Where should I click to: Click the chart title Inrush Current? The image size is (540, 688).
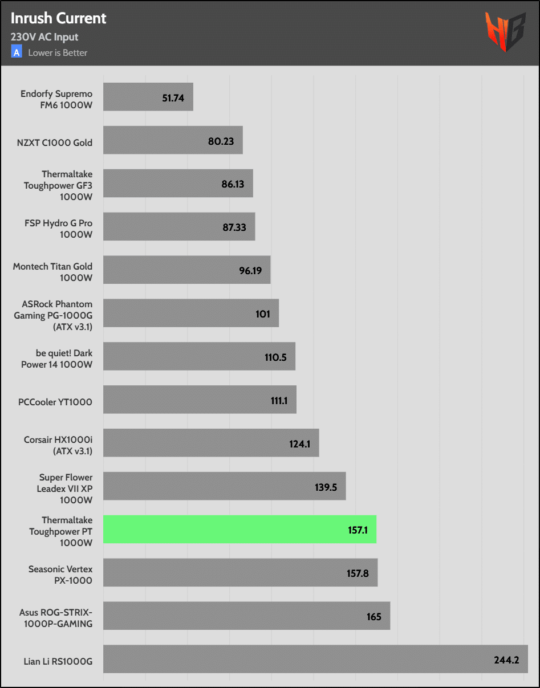pos(58,18)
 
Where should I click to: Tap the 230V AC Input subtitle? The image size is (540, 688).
pos(44,37)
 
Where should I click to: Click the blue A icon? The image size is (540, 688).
pos(17,52)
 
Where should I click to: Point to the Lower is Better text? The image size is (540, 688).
pos(58,53)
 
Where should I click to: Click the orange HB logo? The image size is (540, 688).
pos(505,32)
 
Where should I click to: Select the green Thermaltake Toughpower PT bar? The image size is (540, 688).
pos(239,529)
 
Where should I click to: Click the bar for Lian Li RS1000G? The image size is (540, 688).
pos(315,659)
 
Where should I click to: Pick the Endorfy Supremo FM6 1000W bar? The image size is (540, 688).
pos(148,97)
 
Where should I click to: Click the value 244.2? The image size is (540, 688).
pos(506,661)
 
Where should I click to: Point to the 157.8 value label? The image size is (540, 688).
pos(358,573)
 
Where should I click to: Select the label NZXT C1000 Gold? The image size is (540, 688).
pos(55,143)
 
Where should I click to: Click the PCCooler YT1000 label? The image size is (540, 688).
pos(55,402)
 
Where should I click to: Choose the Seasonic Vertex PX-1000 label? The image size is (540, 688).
pos(60,575)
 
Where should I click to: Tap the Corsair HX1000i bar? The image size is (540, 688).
pos(211,443)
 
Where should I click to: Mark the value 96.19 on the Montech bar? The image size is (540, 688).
pos(250,271)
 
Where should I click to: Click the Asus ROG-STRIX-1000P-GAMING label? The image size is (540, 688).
pos(56,618)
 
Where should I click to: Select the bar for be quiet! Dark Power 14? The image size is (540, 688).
pos(199,356)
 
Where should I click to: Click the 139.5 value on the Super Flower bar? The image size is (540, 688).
pos(326,487)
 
